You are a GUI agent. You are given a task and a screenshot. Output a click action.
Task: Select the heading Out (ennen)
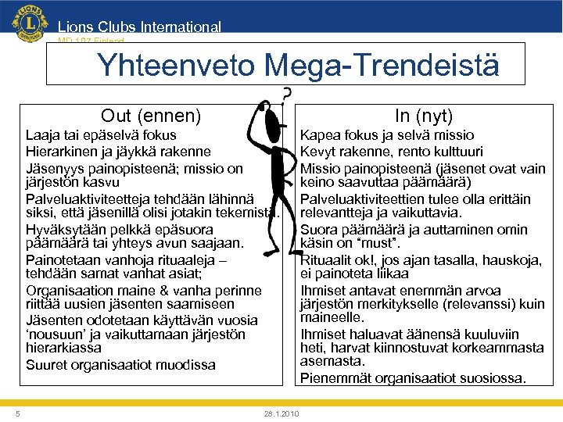pos(151,116)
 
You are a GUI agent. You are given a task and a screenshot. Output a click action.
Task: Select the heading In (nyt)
pos(424,116)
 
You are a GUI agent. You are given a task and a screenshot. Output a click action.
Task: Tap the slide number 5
pos(18,413)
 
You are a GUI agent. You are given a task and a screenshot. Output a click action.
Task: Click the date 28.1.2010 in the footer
pos(281,413)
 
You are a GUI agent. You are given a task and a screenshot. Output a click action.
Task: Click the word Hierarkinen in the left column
pos(59,152)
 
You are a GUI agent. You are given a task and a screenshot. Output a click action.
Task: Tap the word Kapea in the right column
pos(319,136)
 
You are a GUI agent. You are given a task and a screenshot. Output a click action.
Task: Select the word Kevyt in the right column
pos(318,151)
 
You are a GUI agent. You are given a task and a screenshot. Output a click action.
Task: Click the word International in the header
pos(181,27)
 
